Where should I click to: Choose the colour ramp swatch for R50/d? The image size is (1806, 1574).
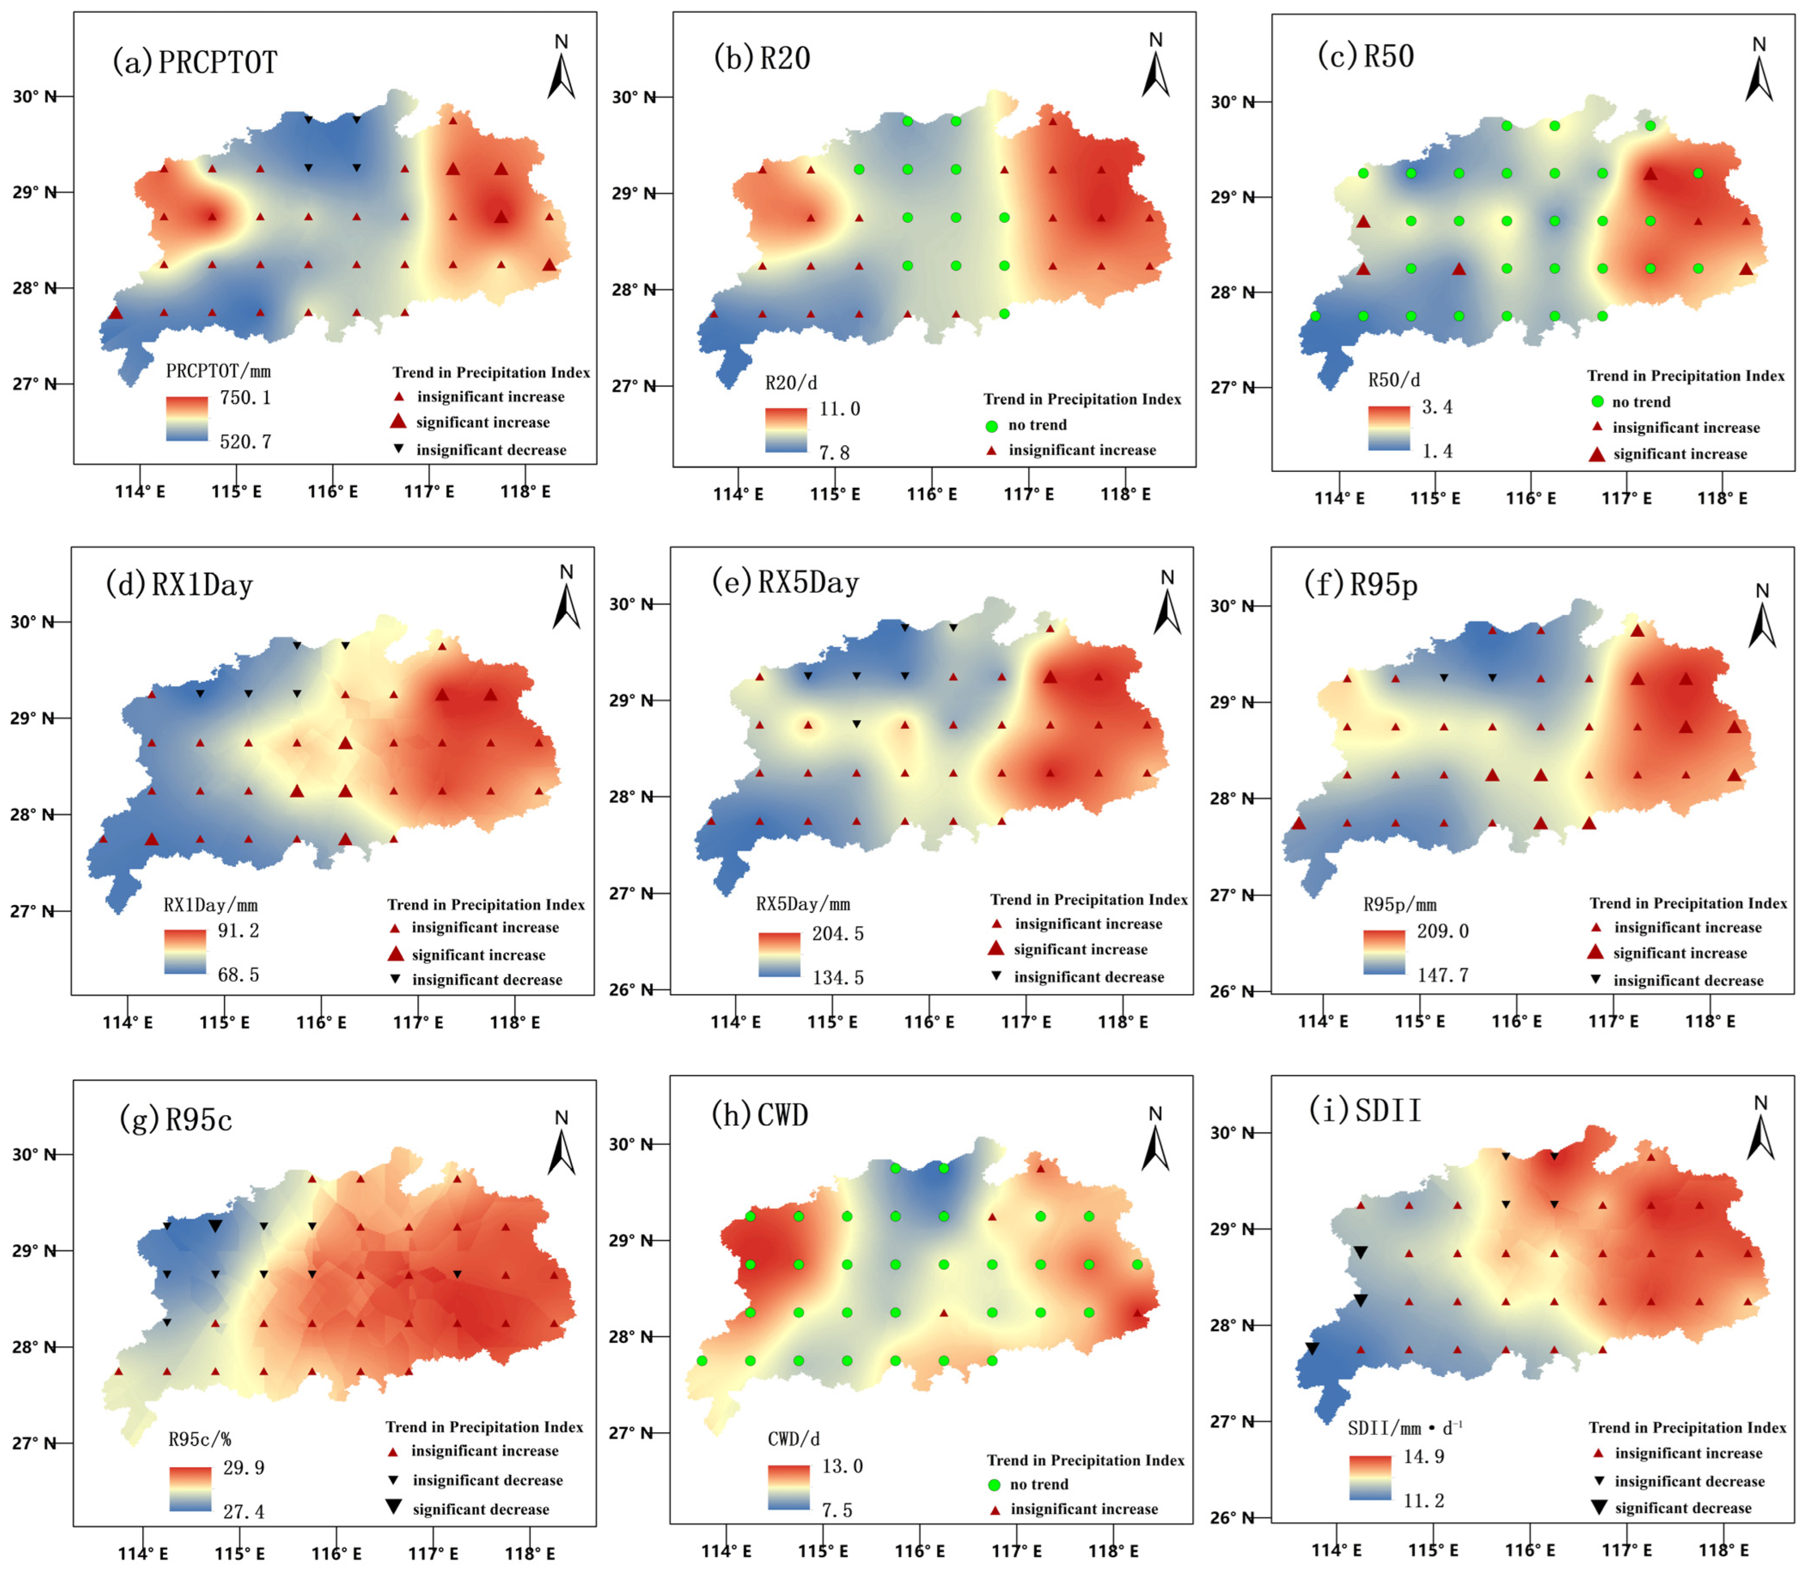[x=1389, y=428]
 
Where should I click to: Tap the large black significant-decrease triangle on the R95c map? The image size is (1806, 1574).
[x=215, y=1225]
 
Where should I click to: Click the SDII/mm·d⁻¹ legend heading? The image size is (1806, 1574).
[x=1406, y=1428]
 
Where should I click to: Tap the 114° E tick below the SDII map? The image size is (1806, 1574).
[x=1336, y=1550]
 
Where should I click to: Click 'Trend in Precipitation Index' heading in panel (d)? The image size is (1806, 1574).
[x=486, y=905]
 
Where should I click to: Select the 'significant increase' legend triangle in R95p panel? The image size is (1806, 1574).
[x=1595, y=952]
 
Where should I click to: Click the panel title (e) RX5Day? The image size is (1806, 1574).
[x=785, y=583]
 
